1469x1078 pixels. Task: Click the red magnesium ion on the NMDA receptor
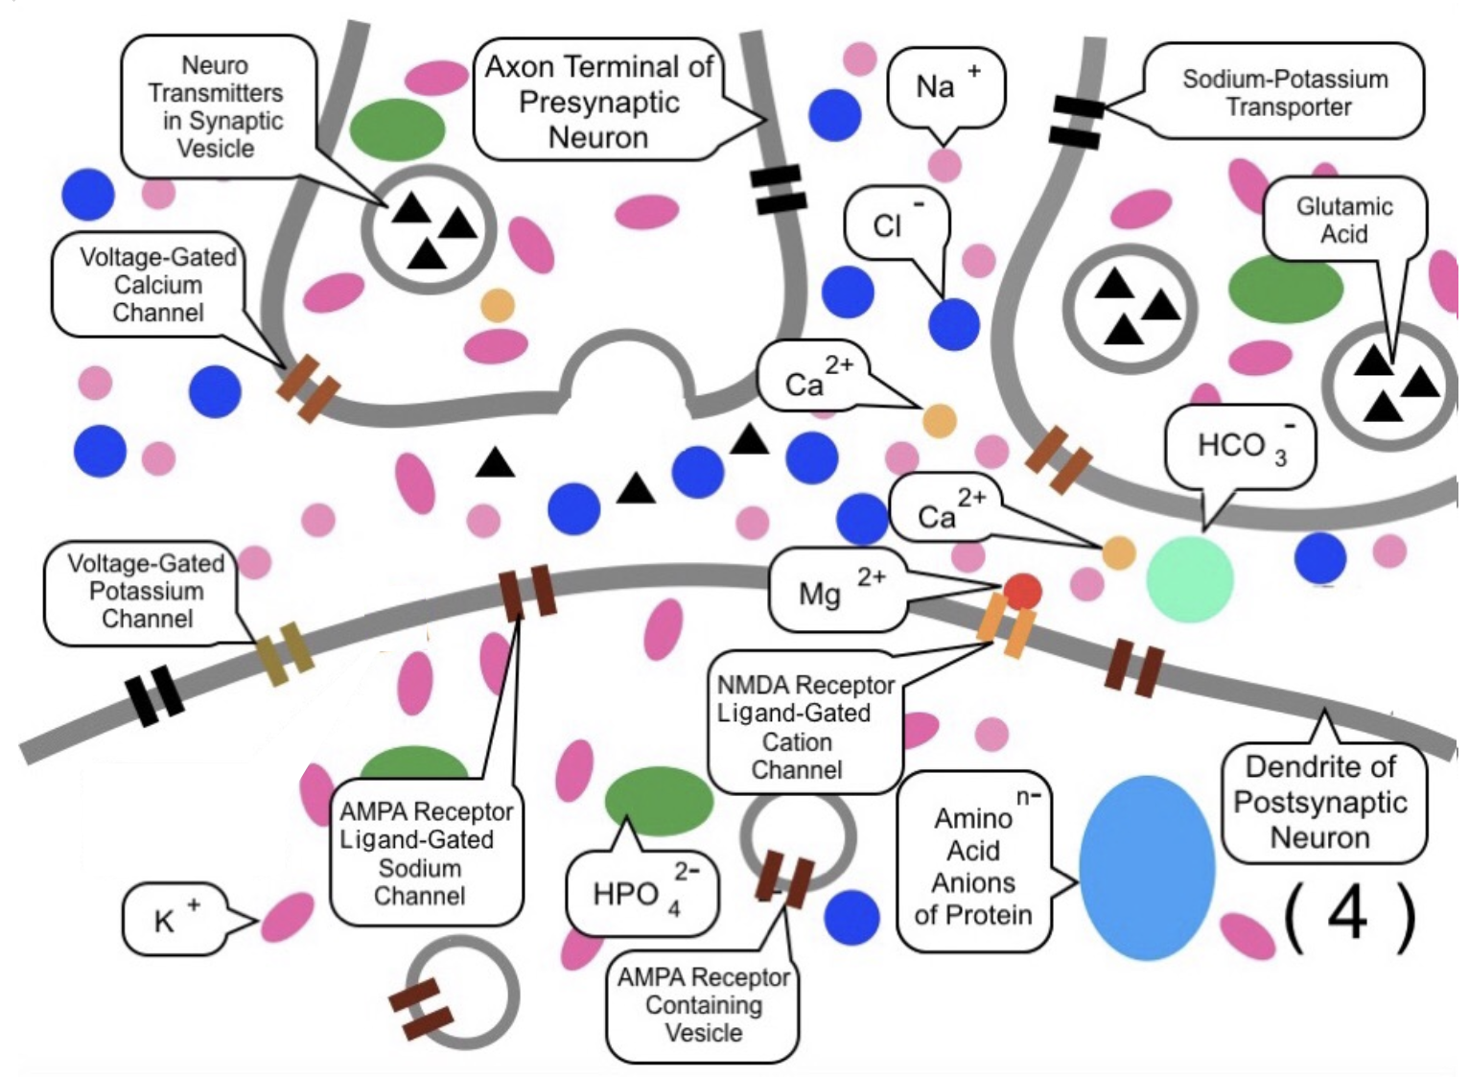click(1022, 591)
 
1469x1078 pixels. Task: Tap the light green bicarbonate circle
click(1189, 578)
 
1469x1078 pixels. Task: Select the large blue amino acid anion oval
click(1146, 868)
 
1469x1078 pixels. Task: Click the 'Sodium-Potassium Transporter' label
click(1285, 92)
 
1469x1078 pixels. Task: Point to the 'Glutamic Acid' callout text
click(1343, 220)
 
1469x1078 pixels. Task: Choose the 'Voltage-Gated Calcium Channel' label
click(157, 285)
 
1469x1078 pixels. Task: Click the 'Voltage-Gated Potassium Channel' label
click(146, 591)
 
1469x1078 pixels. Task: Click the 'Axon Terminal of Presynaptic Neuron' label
click(598, 102)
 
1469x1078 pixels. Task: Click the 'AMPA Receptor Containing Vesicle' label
click(703, 1004)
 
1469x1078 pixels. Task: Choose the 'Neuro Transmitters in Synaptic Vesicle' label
click(217, 106)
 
